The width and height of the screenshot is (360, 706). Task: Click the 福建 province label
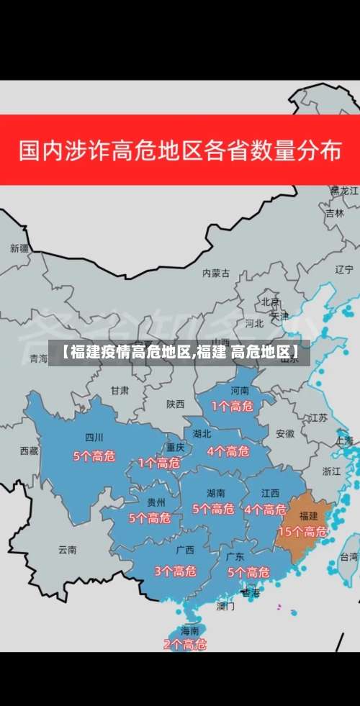pos(309,516)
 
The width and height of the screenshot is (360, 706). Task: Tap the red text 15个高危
pos(302,532)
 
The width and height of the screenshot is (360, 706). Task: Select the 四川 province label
pos(94,437)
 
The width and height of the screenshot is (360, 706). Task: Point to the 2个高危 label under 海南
pos(184,645)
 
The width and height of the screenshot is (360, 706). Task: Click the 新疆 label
pos(19,248)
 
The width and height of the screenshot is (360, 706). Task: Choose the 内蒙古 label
pos(216,273)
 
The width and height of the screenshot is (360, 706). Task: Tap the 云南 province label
pos(68,549)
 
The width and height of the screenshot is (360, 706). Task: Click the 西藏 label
pos(29,451)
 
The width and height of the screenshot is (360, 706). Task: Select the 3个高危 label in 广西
pos(175,571)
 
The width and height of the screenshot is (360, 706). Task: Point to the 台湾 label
pos(349,556)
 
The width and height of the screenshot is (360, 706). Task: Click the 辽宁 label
pos(345,269)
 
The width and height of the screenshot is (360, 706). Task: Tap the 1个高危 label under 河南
pos(232,407)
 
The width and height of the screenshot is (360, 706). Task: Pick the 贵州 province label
pos(156,502)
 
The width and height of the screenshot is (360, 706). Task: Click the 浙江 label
pos(332,471)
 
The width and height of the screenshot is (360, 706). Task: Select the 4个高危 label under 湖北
pos(228,451)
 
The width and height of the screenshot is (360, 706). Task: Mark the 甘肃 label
pos(120,390)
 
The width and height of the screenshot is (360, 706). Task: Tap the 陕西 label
pos(176,404)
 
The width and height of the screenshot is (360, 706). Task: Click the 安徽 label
pos(285,433)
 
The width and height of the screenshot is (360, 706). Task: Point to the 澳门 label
pos(225,606)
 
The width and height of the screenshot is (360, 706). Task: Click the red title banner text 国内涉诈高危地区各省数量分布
pos(180,151)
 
